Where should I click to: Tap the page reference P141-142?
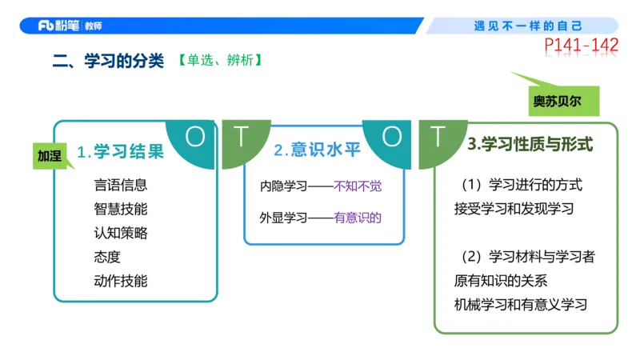click(581, 46)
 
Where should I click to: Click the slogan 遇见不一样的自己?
click(527, 26)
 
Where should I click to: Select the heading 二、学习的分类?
click(108, 61)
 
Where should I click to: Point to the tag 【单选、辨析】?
click(219, 60)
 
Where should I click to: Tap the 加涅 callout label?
click(49, 155)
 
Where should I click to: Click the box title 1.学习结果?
click(120, 150)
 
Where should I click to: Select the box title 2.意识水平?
click(313, 150)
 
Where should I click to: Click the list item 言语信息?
click(120, 185)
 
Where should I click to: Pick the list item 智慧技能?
click(120, 209)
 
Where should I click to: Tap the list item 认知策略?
click(120, 233)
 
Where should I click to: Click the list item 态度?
click(106, 257)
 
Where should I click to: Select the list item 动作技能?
click(120, 281)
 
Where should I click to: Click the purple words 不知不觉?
click(358, 186)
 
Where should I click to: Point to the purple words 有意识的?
click(358, 216)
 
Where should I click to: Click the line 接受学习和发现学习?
click(513, 209)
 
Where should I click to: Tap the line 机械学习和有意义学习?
click(520, 305)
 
